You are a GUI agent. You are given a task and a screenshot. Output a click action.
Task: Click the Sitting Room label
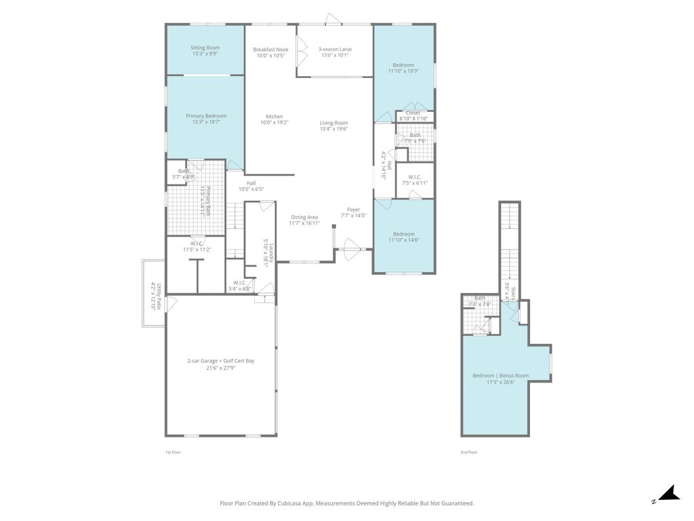[205, 48]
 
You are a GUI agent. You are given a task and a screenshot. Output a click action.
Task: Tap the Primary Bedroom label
[206, 116]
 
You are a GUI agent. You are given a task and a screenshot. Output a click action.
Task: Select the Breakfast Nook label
[270, 50]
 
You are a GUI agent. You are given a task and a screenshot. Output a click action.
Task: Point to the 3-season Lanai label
[335, 50]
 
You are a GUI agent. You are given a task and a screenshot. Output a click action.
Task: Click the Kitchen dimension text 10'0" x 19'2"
[274, 123]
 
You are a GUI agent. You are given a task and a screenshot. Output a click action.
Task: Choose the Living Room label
[334, 123]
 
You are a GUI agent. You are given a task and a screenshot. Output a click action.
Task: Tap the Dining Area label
[304, 217]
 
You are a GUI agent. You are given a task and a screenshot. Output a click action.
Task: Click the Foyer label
[354, 210]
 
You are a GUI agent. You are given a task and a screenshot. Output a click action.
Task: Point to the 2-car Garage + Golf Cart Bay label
[221, 361]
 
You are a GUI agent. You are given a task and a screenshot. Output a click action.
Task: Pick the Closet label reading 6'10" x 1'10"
[413, 113]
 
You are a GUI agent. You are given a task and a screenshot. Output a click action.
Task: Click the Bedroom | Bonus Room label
[501, 375]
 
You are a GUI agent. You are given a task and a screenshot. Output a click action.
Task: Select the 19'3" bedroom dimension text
[403, 71]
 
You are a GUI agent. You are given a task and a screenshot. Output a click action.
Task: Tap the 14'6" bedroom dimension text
[403, 240]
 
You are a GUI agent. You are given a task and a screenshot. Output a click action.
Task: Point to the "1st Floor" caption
[173, 452]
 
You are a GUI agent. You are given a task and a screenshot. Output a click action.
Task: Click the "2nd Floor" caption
[469, 452]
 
